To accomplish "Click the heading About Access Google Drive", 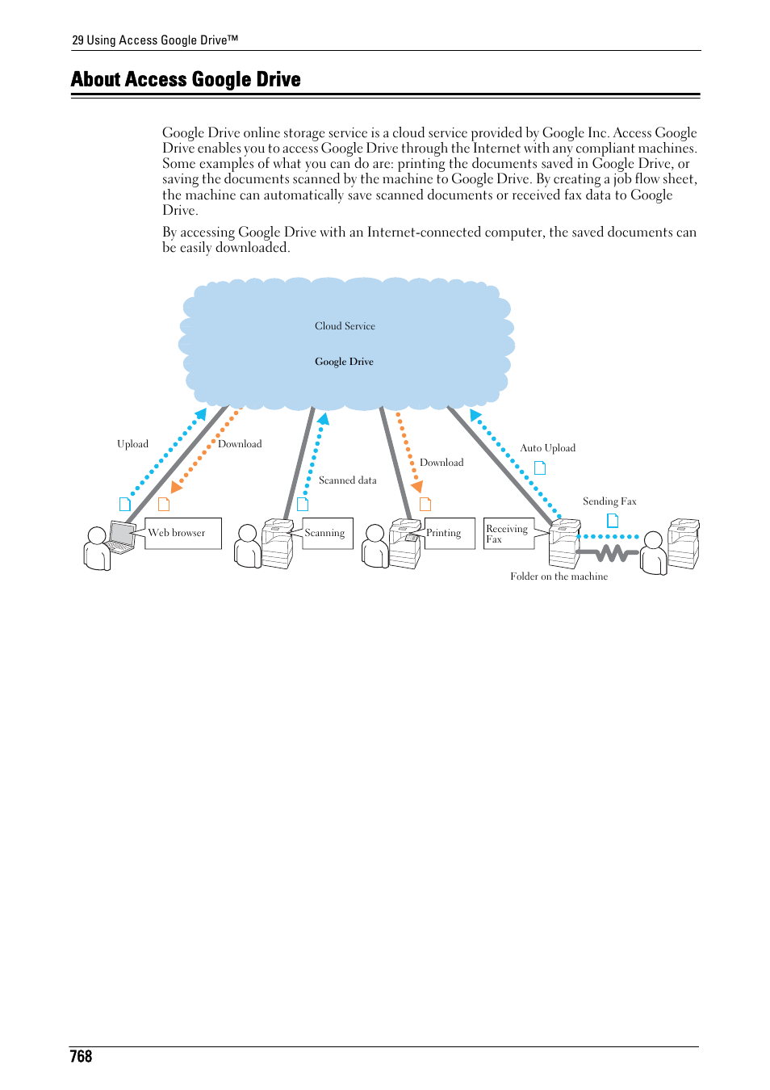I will pos(186,79).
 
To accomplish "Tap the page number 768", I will pos(81,1056).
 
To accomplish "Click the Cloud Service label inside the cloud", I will pos(345,326).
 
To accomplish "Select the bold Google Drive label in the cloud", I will pos(344,362).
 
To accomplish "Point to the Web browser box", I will pos(183,533).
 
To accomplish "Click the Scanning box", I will pos(328,533).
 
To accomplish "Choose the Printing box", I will pos(450,533).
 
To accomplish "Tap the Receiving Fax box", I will pos(508,534).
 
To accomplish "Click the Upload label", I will pos(132,444).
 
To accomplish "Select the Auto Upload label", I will pos(547,448).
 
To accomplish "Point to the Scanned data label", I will pos(347,480).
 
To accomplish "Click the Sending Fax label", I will pos(609,501).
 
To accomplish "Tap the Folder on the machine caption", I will pos(559,576).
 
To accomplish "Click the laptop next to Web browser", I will pos(122,537).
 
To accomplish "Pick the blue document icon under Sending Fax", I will pos(613,521).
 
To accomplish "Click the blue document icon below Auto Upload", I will pos(540,467).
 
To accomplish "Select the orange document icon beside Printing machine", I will pos(425,505).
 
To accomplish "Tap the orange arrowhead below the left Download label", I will pos(176,487).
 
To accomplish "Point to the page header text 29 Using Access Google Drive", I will pos(155,40).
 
